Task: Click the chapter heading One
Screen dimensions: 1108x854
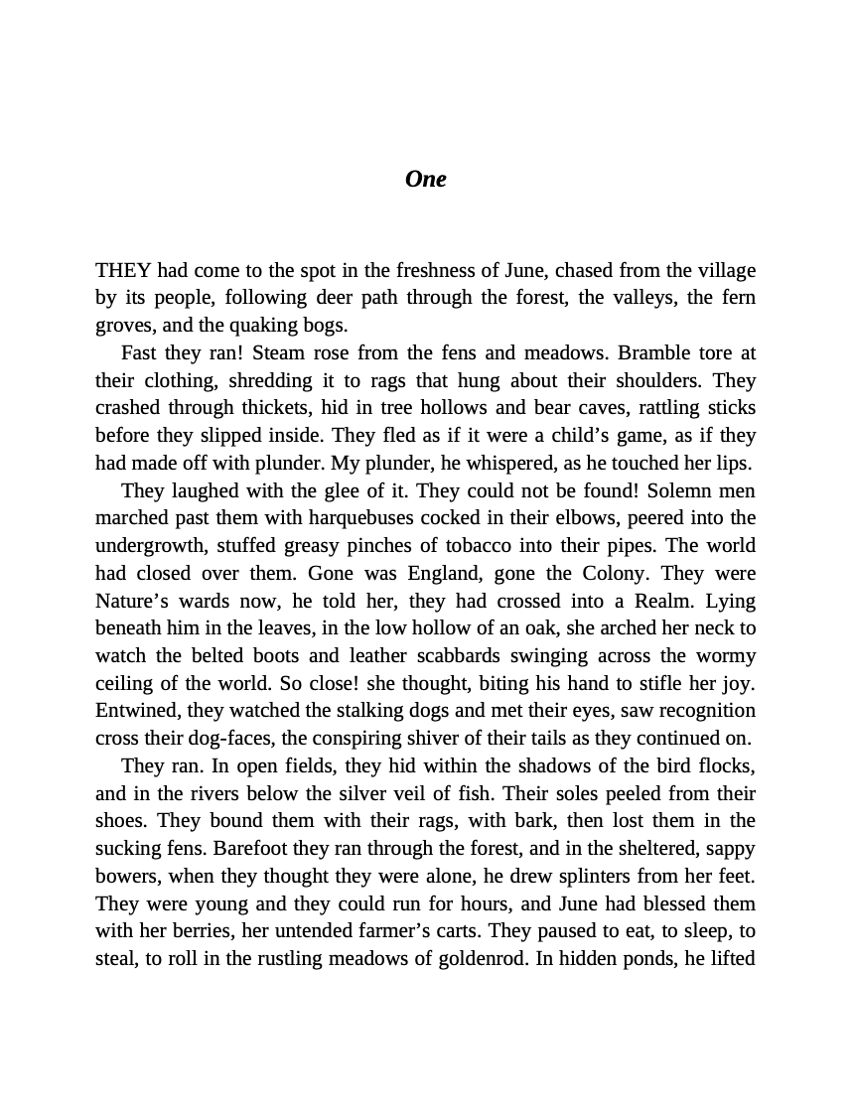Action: [x=425, y=179]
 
